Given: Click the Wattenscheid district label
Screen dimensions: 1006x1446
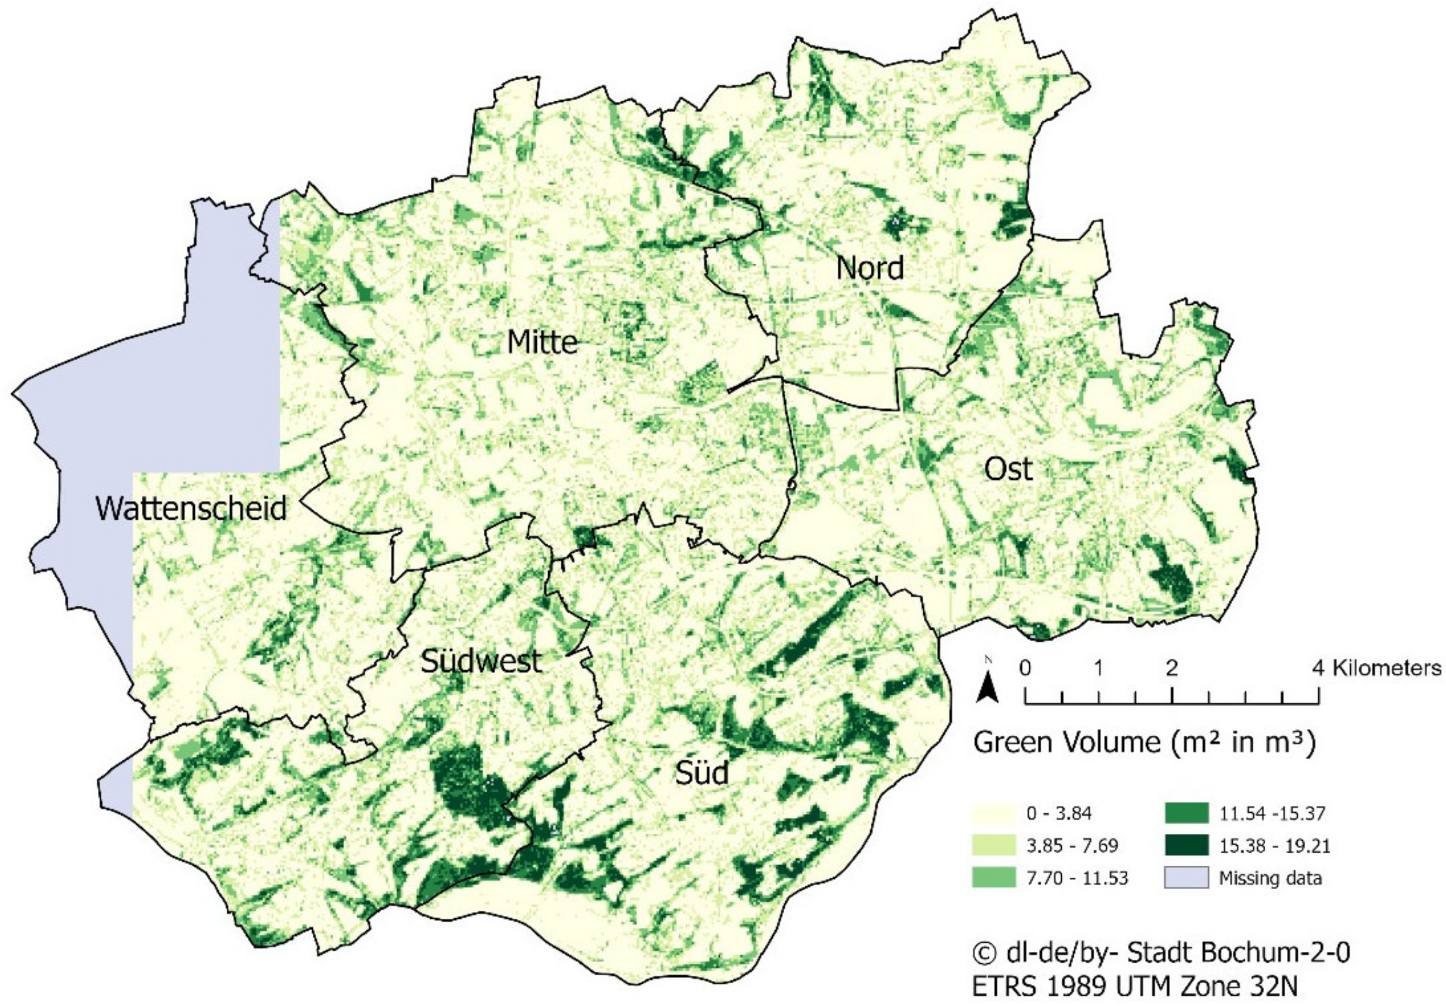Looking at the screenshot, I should (191, 508).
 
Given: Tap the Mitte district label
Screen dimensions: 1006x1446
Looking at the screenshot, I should (542, 342).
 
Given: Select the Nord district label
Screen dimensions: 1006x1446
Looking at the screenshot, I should (870, 267).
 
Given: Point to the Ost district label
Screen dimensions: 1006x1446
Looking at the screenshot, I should (1008, 469).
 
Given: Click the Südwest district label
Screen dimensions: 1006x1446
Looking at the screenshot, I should (481, 661).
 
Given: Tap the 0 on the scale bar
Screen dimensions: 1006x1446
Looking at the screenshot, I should (1026, 668).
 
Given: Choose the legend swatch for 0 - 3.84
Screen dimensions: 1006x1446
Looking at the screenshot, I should (993, 813).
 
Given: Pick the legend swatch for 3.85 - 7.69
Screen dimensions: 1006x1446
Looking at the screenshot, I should (993, 845).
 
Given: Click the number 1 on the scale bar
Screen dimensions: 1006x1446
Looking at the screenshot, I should (1099, 668).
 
